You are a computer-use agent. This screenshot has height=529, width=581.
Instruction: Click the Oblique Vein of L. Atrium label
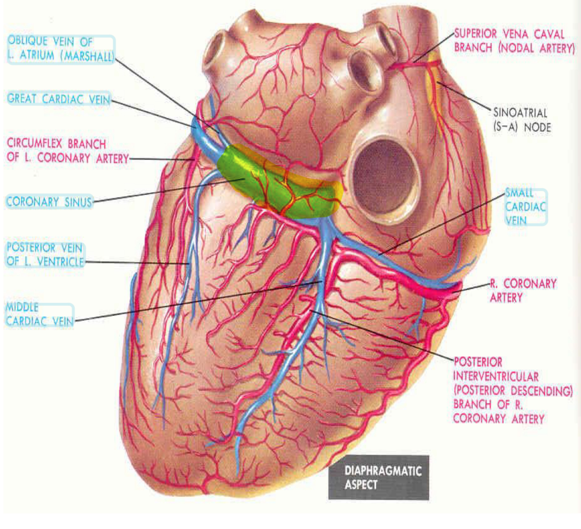[60, 49]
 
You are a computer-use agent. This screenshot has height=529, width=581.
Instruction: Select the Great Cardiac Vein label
[59, 99]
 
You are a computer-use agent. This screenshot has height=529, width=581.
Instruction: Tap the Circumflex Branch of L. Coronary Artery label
[67, 151]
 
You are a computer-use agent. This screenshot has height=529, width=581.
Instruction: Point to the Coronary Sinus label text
[49, 202]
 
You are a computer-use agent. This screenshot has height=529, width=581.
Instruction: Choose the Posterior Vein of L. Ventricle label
[45, 255]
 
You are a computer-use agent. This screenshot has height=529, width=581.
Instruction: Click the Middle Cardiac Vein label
[40, 314]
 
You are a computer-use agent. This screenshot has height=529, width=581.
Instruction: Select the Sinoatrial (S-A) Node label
[522, 120]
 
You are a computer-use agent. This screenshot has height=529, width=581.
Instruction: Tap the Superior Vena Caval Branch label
[514, 41]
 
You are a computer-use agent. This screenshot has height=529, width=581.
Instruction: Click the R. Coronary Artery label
[523, 290]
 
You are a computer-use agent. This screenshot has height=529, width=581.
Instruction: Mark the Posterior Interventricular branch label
[512, 390]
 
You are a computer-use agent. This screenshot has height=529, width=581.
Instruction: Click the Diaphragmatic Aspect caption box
[379, 477]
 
